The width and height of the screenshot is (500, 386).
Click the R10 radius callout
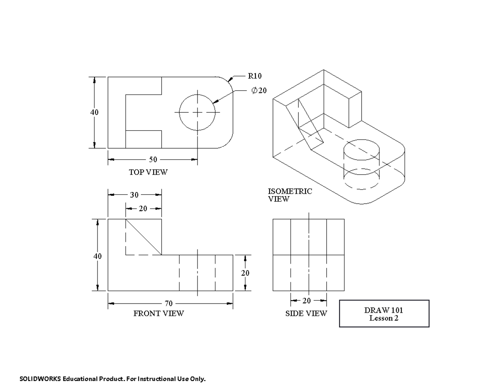[x=255, y=76]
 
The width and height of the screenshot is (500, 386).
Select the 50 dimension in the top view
[x=153, y=159]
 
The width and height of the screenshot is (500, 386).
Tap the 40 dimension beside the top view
[x=95, y=112]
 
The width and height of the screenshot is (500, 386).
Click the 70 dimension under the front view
[x=168, y=304]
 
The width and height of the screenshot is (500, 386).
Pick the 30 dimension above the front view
[x=135, y=195]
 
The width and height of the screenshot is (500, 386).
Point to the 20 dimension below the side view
[x=306, y=300]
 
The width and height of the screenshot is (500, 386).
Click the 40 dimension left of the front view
[x=97, y=256]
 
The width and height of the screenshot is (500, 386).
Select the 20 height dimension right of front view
[x=245, y=273]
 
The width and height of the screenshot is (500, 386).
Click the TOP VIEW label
[x=148, y=172]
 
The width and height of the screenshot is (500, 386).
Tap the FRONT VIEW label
[x=158, y=314]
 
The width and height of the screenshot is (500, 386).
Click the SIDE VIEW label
[x=306, y=314]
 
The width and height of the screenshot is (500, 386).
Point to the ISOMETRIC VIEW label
[x=290, y=195]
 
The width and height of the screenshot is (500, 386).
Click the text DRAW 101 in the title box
[x=384, y=310]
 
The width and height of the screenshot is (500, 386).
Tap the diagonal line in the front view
[x=144, y=237]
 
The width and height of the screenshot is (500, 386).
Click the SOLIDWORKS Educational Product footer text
[x=113, y=379]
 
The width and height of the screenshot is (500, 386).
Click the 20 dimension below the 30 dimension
[x=143, y=209]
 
